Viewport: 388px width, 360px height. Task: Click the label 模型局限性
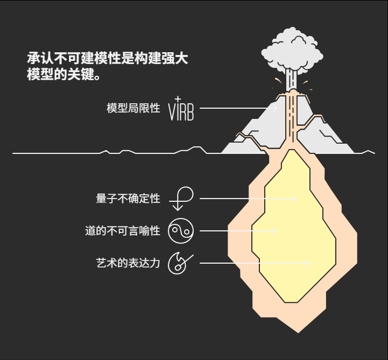point(133,108)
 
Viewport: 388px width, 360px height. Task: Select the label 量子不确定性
point(128,199)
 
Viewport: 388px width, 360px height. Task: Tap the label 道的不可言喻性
point(123,231)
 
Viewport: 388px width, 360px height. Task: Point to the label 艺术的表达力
point(128,264)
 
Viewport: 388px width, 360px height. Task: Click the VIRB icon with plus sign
point(181,109)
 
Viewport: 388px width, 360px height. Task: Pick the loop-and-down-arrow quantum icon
point(181,199)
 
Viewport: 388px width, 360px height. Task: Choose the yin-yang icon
point(181,231)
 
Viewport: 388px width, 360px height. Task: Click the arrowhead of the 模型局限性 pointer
point(276,108)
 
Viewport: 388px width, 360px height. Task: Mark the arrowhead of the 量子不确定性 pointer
point(295,199)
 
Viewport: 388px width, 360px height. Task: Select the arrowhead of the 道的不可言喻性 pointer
point(274,231)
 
